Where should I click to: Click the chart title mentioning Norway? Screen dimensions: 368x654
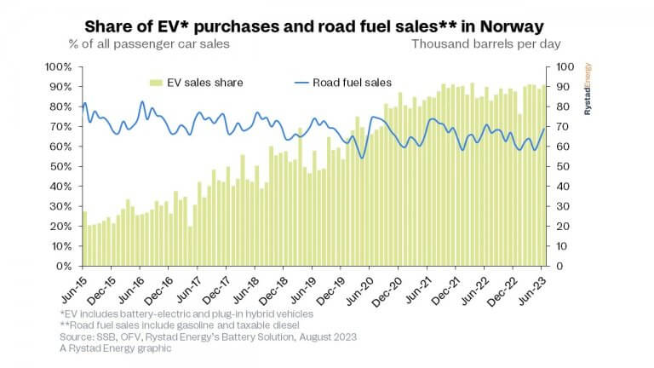click(x=326, y=23)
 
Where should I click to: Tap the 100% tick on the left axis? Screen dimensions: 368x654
click(x=61, y=66)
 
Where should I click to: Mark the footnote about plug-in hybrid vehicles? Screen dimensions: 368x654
click(x=182, y=314)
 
